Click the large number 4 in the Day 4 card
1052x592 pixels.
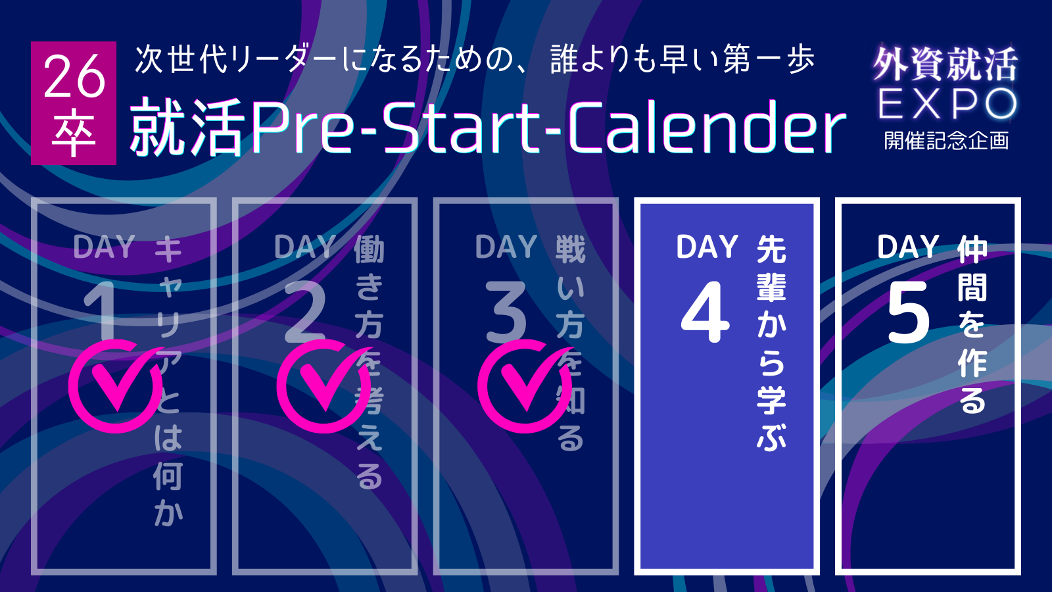[705, 312]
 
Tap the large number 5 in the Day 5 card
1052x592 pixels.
[908, 312]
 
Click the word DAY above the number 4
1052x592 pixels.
[707, 247]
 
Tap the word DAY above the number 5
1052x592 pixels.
[908, 247]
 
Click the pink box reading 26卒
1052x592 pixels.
[74, 103]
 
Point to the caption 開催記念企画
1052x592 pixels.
[946, 141]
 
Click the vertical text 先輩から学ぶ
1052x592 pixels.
[771, 343]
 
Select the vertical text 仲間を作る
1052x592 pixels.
[972, 325]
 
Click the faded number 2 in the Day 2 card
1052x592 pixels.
[305, 312]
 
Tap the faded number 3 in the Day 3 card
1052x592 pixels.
[506, 312]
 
